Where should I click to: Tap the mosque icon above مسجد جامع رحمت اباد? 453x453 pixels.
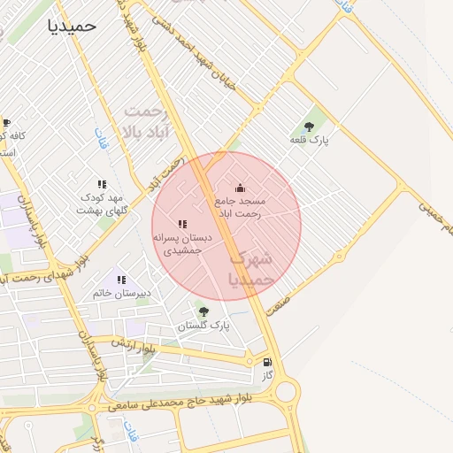pos(240,188)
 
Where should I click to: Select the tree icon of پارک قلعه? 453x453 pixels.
pos(309,126)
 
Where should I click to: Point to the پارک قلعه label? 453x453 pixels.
pos(309,140)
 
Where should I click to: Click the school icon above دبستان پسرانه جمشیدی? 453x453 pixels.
pos(181,225)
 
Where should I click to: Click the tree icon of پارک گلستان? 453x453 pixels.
pos(204,311)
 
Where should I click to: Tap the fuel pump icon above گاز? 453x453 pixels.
pos(267,362)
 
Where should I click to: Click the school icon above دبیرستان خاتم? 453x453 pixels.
pos(121,280)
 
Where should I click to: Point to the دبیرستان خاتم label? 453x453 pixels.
pos(121,293)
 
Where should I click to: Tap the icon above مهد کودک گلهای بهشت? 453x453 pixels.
pos(102,184)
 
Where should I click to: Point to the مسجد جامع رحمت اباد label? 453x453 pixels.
pos(247,208)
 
